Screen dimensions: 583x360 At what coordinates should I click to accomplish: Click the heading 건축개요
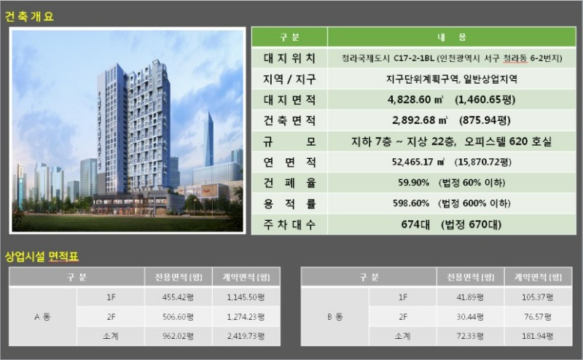29,16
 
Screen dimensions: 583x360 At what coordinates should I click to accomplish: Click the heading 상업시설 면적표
42,257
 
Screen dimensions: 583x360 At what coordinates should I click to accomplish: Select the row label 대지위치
289,58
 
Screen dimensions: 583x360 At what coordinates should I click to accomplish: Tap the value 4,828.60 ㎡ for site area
415,100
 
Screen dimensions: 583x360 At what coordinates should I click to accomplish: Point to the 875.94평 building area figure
485,120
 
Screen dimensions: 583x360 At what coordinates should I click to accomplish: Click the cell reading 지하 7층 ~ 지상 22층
404,141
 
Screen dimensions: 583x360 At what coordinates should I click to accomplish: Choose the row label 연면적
289,163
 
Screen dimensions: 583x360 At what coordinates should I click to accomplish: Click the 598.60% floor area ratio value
411,203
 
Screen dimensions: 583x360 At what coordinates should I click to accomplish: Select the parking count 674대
415,224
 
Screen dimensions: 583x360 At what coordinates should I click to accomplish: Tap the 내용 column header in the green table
451,37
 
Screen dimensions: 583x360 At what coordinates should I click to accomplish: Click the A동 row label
42,317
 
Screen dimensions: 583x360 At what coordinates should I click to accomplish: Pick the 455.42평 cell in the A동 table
178,297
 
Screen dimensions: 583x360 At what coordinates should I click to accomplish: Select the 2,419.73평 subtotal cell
246,336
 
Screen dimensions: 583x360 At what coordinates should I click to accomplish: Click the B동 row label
334,317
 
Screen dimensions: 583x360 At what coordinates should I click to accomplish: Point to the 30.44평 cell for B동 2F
470,317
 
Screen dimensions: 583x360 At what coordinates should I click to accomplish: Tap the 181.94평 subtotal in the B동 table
538,336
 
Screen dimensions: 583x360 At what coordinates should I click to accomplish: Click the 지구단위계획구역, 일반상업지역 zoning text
451,79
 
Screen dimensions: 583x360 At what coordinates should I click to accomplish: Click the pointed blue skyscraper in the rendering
209,139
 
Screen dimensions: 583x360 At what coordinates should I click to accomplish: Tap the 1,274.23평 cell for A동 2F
246,317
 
